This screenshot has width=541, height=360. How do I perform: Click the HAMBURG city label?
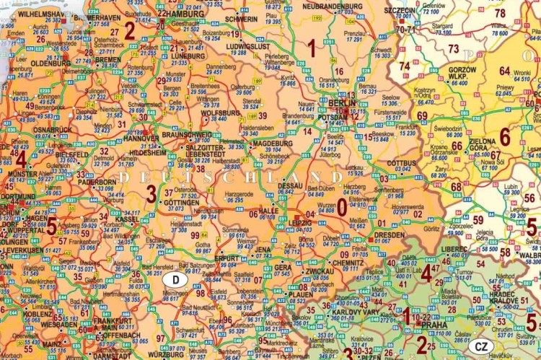pyautogui.click(x=185, y=14)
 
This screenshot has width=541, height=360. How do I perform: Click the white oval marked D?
pyautogui.click(x=175, y=279)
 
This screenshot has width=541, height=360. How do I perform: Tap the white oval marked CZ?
pyautogui.click(x=483, y=347)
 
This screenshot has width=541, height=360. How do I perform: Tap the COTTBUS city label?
pyautogui.click(x=402, y=163)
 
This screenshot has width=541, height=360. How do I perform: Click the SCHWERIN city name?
pyautogui.click(x=241, y=19)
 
